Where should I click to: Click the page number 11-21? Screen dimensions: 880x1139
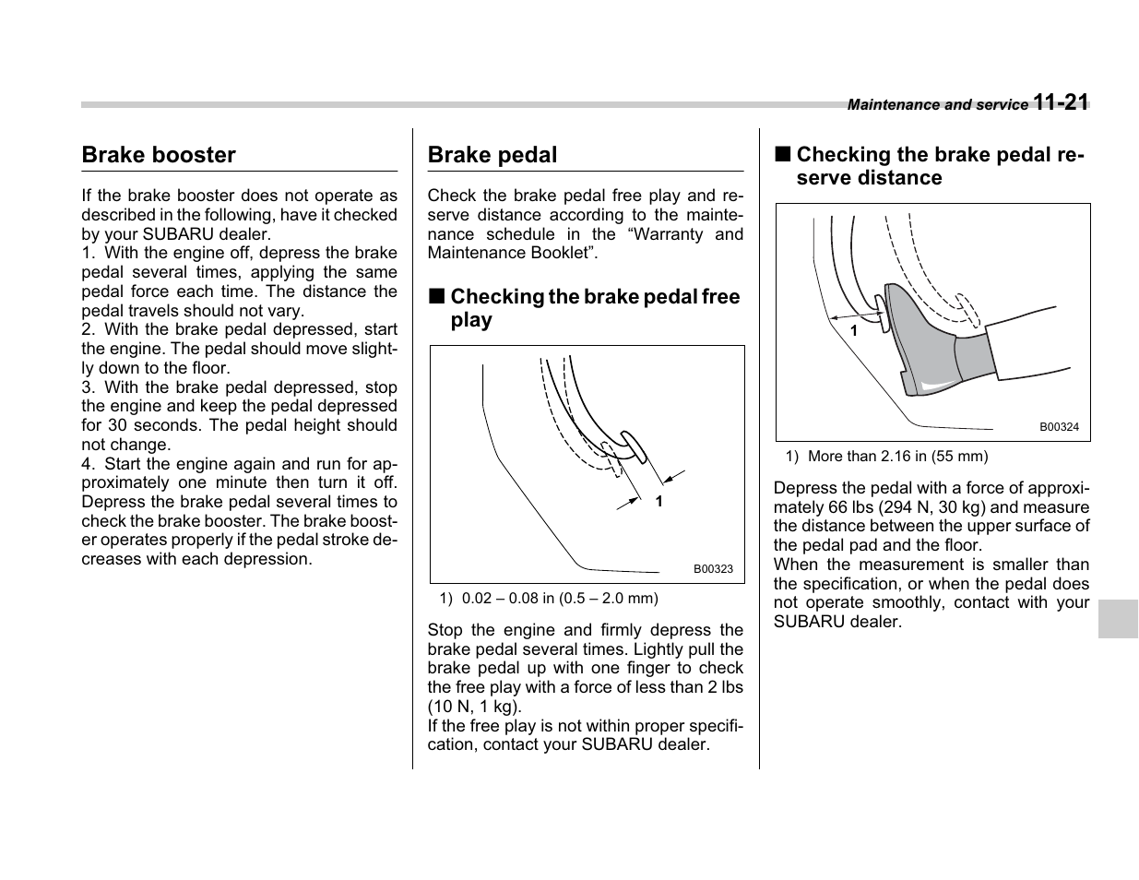1061,102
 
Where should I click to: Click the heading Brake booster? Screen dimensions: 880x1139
159,155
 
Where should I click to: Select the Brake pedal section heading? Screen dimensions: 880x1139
492,155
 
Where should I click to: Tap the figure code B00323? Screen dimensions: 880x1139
713,569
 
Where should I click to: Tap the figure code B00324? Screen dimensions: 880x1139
1059,427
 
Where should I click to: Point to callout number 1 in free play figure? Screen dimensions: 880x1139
658,501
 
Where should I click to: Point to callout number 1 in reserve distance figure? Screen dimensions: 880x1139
854,329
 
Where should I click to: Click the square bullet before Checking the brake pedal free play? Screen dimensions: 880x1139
436,297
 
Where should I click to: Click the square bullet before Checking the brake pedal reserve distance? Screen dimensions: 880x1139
782,155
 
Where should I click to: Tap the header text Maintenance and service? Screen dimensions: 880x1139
937,105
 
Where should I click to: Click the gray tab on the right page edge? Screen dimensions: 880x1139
1118,618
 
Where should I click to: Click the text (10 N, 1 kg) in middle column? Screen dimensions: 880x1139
473,707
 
